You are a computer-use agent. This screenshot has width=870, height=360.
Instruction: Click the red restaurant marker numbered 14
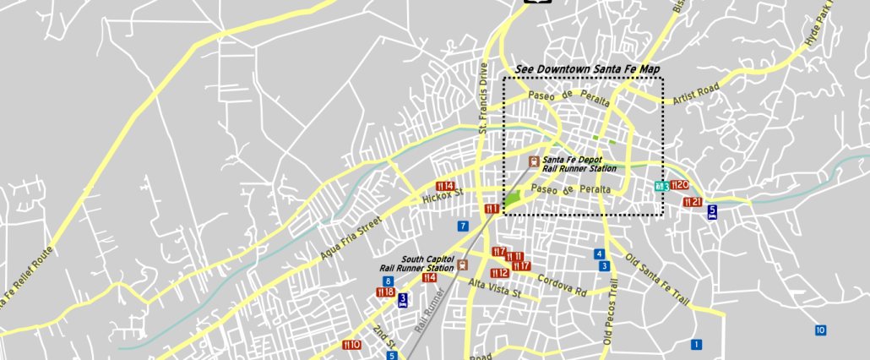click(x=445, y=186)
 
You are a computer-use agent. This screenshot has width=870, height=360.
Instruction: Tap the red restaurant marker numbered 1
click(x=492, y=209)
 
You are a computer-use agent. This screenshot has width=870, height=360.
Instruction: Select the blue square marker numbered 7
click(x=463, y=226)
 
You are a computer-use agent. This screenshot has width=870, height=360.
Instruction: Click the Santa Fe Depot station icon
click(x=534, y=161)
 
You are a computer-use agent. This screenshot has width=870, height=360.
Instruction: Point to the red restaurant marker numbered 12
click(x=499, y=273)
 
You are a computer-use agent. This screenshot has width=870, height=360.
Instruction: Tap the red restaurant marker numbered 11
click(x=514, y=257)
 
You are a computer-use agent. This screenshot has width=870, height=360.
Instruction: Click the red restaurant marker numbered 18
click(x=385, y=292)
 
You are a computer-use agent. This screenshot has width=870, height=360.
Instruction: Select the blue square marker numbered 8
click(x=388, y=281)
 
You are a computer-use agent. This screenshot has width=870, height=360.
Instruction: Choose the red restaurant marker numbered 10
click(x=351, y=345)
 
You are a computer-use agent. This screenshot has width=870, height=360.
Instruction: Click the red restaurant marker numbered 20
click(x=681, y=185)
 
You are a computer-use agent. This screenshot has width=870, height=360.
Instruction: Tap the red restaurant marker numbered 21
click(x=693, y=202)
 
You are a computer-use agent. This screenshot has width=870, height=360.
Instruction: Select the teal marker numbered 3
click(x=661, y=186)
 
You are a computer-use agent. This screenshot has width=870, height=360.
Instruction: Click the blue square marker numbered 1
click(x=696, y=344)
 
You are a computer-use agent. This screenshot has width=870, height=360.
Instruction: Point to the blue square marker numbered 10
click(x=820, y=330)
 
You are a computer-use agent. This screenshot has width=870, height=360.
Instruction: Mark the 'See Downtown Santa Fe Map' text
click(x=587, y=69)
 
